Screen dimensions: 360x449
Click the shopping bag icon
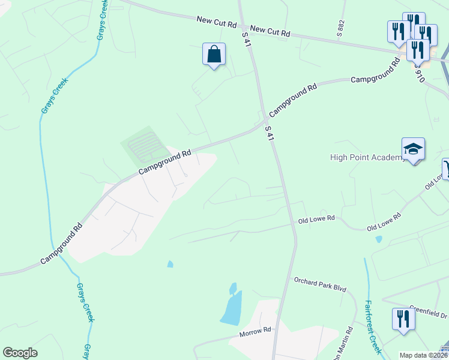(x=214, y=55)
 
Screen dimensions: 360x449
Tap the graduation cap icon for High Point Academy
(x=413, y=148)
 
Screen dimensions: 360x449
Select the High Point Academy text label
(x=368, y=158)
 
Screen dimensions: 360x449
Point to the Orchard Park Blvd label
(x=320, y=284)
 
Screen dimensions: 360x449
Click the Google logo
(x=20, y=353)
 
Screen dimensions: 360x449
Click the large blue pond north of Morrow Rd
(x=231, y=308)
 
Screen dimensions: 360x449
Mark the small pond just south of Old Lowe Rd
(x=378, y=239)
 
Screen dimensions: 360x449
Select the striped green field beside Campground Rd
(x=142, y=146)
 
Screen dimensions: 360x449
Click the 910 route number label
(x=420, y=74)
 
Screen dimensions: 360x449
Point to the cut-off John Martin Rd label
(x=346, y=341)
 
